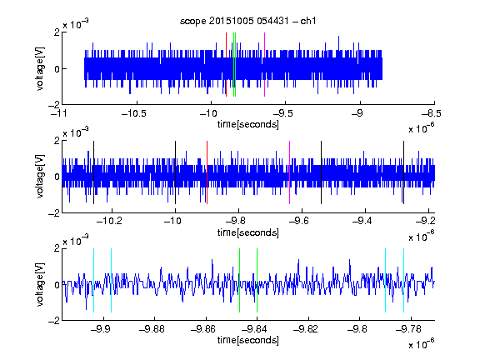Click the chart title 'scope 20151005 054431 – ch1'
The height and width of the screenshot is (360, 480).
(x=247, y=21)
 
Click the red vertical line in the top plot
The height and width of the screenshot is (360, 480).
(x=226, y=65)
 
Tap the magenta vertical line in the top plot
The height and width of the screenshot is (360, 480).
(x=264, y=65)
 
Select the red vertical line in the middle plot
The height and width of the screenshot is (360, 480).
(x=207, y=172)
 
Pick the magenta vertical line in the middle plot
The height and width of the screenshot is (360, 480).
(x=290, y=172)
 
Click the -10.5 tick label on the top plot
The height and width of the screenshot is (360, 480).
(x=134, y=114)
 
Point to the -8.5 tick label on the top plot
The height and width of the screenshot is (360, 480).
(x=432, y=114)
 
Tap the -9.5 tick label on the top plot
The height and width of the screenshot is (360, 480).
(x=282, y=114)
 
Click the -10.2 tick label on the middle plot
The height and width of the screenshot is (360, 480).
(x=109, y=221)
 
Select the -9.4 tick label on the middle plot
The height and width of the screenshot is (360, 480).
(x=362, y=221)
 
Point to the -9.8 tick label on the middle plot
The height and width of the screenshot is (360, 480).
(x=236, y=221)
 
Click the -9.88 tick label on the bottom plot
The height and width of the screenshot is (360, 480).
(x=152, y=329)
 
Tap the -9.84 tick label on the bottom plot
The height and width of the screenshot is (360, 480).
(x=254, y=329)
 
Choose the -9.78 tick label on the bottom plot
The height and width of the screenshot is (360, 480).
(x=408, y=329)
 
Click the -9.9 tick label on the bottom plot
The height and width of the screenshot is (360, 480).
(x=101, y=329)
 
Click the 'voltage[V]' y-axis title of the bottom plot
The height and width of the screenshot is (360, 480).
(x=40, y=285)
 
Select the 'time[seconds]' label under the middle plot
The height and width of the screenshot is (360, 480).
(x=248, y=233)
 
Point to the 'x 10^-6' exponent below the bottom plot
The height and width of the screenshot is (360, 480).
(x=422, y=343)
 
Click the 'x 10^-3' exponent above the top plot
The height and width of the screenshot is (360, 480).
(x=76, y=23)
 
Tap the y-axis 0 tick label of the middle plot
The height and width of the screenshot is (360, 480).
(x=57, y=177)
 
